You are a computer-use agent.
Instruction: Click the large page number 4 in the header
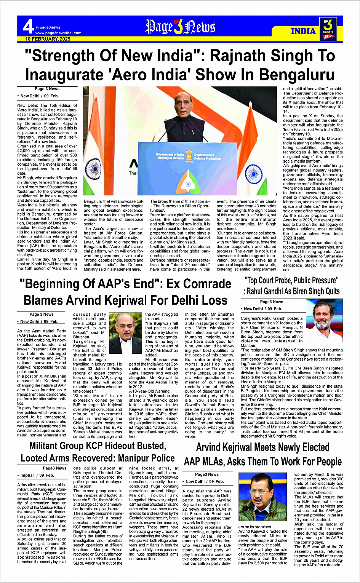[28, 27]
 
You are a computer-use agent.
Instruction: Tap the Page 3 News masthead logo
[180, 27]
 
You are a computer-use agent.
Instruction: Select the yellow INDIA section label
[303, 31]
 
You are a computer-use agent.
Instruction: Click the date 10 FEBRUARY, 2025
[48, 39]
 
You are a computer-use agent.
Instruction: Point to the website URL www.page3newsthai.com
[58, 33]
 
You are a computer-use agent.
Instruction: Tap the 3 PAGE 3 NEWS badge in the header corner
[328, 29]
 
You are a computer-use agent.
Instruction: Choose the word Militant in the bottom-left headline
[50, 446]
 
